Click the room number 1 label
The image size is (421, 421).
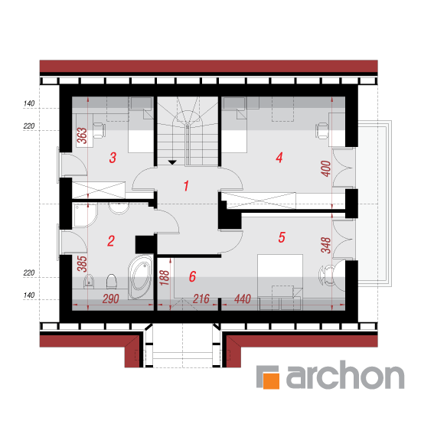(186, 186)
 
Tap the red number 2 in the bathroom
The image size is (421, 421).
(111, 241)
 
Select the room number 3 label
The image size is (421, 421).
(113, 158)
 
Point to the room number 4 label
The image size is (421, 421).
(279, 158)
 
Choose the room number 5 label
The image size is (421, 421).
(282, 237)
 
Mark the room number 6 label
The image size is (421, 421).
(192, 276)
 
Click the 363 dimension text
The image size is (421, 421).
(82, 135)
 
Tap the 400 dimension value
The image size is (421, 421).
(326, 168)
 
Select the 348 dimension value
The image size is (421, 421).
(326, 245)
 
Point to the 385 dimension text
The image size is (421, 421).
(82, 263)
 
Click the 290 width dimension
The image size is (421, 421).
(111, 299)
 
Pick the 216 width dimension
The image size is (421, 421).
(201, 299)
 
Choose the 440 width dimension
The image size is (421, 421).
(243, 299)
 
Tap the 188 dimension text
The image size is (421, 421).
(165, 278)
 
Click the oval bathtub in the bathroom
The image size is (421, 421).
(140, 277)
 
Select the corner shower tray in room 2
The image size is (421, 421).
(85, 216)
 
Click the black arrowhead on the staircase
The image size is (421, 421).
(172, 162)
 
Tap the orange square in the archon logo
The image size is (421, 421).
(271, 380)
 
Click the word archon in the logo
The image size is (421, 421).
(345, 375)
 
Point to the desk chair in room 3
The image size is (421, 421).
(99, 130)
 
